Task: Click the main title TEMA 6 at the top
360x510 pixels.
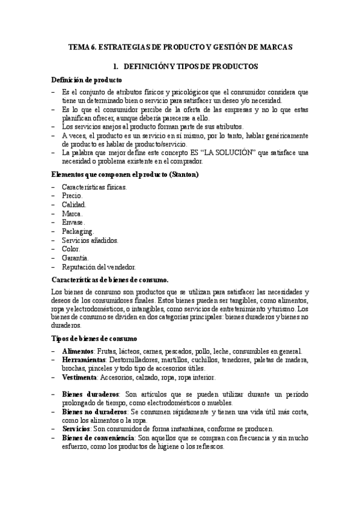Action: [x=180, y=47]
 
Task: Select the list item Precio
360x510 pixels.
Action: [x=72, y=196]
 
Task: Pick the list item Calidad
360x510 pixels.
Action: [x=74, y=204]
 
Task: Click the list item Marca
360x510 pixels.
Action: [x=72, y=214]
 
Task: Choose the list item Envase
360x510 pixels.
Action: [x=73, y=222]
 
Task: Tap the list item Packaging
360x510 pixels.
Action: [x=78, y=231]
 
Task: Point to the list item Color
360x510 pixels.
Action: [x=71, y=248]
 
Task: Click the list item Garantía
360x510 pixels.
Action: [x=75, y=257]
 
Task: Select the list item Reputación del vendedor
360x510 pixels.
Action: [x=99, y=266]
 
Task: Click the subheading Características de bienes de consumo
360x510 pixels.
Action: [x=111, y=280]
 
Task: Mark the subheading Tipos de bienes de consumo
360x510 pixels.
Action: [x=95, y=339]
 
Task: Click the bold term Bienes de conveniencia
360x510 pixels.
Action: [x=97, y=438]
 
